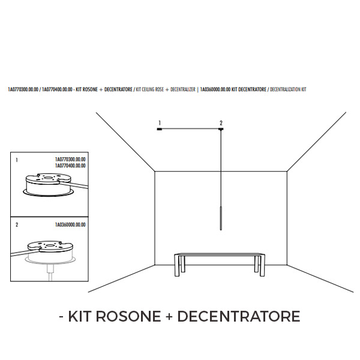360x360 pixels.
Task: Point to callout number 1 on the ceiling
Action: click(159, 123)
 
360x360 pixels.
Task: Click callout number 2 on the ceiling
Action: click(221, 123)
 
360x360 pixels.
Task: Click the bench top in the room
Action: click(220, 255)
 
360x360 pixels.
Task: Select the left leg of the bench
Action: click(178, 265)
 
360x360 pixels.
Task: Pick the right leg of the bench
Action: click(261, 265)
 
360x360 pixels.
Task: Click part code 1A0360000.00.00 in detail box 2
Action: click(70, 224)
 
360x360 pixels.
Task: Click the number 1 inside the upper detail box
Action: click(16, 161)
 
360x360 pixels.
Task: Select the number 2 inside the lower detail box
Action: click(16, 225)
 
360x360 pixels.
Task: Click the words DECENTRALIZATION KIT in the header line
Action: click(288, 89)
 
